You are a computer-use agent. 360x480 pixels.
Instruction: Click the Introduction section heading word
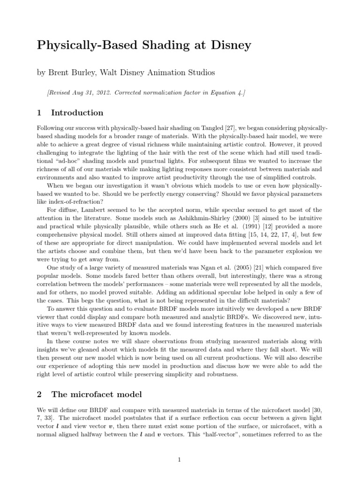pos(77,113)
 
